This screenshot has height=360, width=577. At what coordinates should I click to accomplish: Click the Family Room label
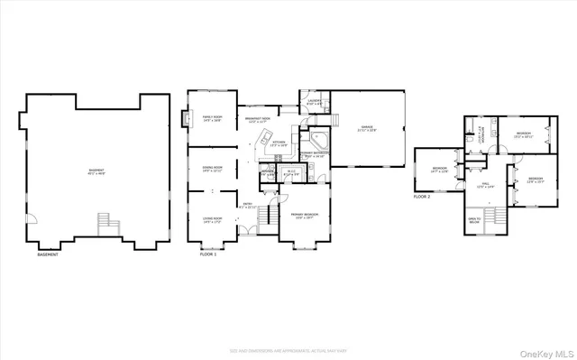[212, 119]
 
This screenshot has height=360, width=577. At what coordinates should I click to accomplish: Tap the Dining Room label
[212, 169]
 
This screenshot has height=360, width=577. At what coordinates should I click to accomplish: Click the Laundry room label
[313, 103]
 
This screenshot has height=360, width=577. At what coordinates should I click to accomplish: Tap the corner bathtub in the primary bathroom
[317, 142]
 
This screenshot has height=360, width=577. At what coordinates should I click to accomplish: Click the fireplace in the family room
[188, 118]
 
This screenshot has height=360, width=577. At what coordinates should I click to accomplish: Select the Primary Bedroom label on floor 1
[303, 216]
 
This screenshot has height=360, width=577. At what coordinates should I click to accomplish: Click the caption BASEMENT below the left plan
[48, 255]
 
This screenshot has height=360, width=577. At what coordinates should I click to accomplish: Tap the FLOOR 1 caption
[209, 255]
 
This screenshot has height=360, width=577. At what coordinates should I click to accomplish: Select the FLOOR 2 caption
[423, 196]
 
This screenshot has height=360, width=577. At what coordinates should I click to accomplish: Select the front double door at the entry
[243, 230]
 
